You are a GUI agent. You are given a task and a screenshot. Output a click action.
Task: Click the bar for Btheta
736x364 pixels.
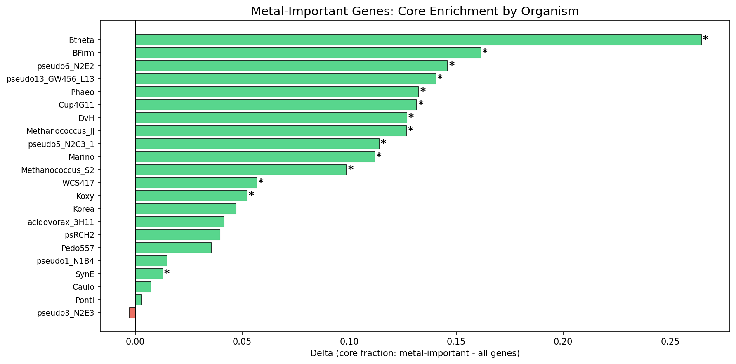coord(418,40)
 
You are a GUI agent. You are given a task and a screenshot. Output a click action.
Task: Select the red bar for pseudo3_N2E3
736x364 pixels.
coord(132,313)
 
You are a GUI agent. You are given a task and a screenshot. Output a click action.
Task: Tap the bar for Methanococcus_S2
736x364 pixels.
coord(241,170)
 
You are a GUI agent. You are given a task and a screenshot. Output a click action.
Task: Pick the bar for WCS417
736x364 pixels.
coord(196,183)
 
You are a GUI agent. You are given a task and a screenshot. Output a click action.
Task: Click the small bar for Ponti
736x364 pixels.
coord(138,300)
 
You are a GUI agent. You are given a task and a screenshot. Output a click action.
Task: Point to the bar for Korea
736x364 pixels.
coord(186,209)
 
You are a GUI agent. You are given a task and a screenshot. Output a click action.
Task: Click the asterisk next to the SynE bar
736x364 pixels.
coord(167,273)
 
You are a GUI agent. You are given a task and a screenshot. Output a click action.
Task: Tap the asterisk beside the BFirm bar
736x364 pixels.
coord(485,52)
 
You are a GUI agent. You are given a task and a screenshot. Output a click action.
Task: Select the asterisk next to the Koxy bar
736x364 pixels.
coord(251,195)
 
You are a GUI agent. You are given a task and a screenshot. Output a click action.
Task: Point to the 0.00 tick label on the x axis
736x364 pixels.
coord(135,342)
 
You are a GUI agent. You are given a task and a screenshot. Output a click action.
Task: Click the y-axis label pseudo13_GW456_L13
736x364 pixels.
coord(50,79)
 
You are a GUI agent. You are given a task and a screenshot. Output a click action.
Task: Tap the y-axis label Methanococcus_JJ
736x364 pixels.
coord(60,131)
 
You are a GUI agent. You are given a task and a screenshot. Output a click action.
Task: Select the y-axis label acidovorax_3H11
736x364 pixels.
coord(61,222)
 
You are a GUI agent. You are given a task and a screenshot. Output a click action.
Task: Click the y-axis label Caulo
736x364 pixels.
coord(83,287)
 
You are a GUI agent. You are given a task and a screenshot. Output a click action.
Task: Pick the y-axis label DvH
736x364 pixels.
coord(86,118)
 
